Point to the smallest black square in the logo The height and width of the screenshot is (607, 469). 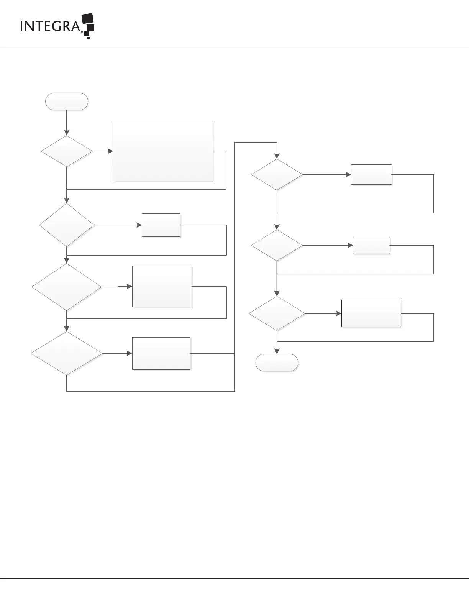89,38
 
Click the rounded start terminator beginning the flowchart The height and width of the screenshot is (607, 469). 67,102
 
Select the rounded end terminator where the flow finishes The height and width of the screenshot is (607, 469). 277,363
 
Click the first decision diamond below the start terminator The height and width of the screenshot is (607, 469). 67,151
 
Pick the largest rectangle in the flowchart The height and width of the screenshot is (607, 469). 163,151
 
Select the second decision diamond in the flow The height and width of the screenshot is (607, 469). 67,225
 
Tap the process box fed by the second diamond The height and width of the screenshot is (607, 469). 161,225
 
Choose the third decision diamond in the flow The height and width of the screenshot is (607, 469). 67,287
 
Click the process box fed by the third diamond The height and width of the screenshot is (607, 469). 162,286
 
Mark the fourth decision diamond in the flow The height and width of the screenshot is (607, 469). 67,353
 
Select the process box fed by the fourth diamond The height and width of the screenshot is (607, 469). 161,353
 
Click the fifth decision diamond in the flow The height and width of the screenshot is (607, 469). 277,175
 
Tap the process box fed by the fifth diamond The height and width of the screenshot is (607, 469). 371,174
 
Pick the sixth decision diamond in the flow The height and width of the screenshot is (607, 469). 277,245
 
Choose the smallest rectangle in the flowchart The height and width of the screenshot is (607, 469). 371,245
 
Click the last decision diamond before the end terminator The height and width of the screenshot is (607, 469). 277,313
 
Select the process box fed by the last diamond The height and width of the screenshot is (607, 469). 371,313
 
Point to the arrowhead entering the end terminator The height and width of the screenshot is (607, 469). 277,351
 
